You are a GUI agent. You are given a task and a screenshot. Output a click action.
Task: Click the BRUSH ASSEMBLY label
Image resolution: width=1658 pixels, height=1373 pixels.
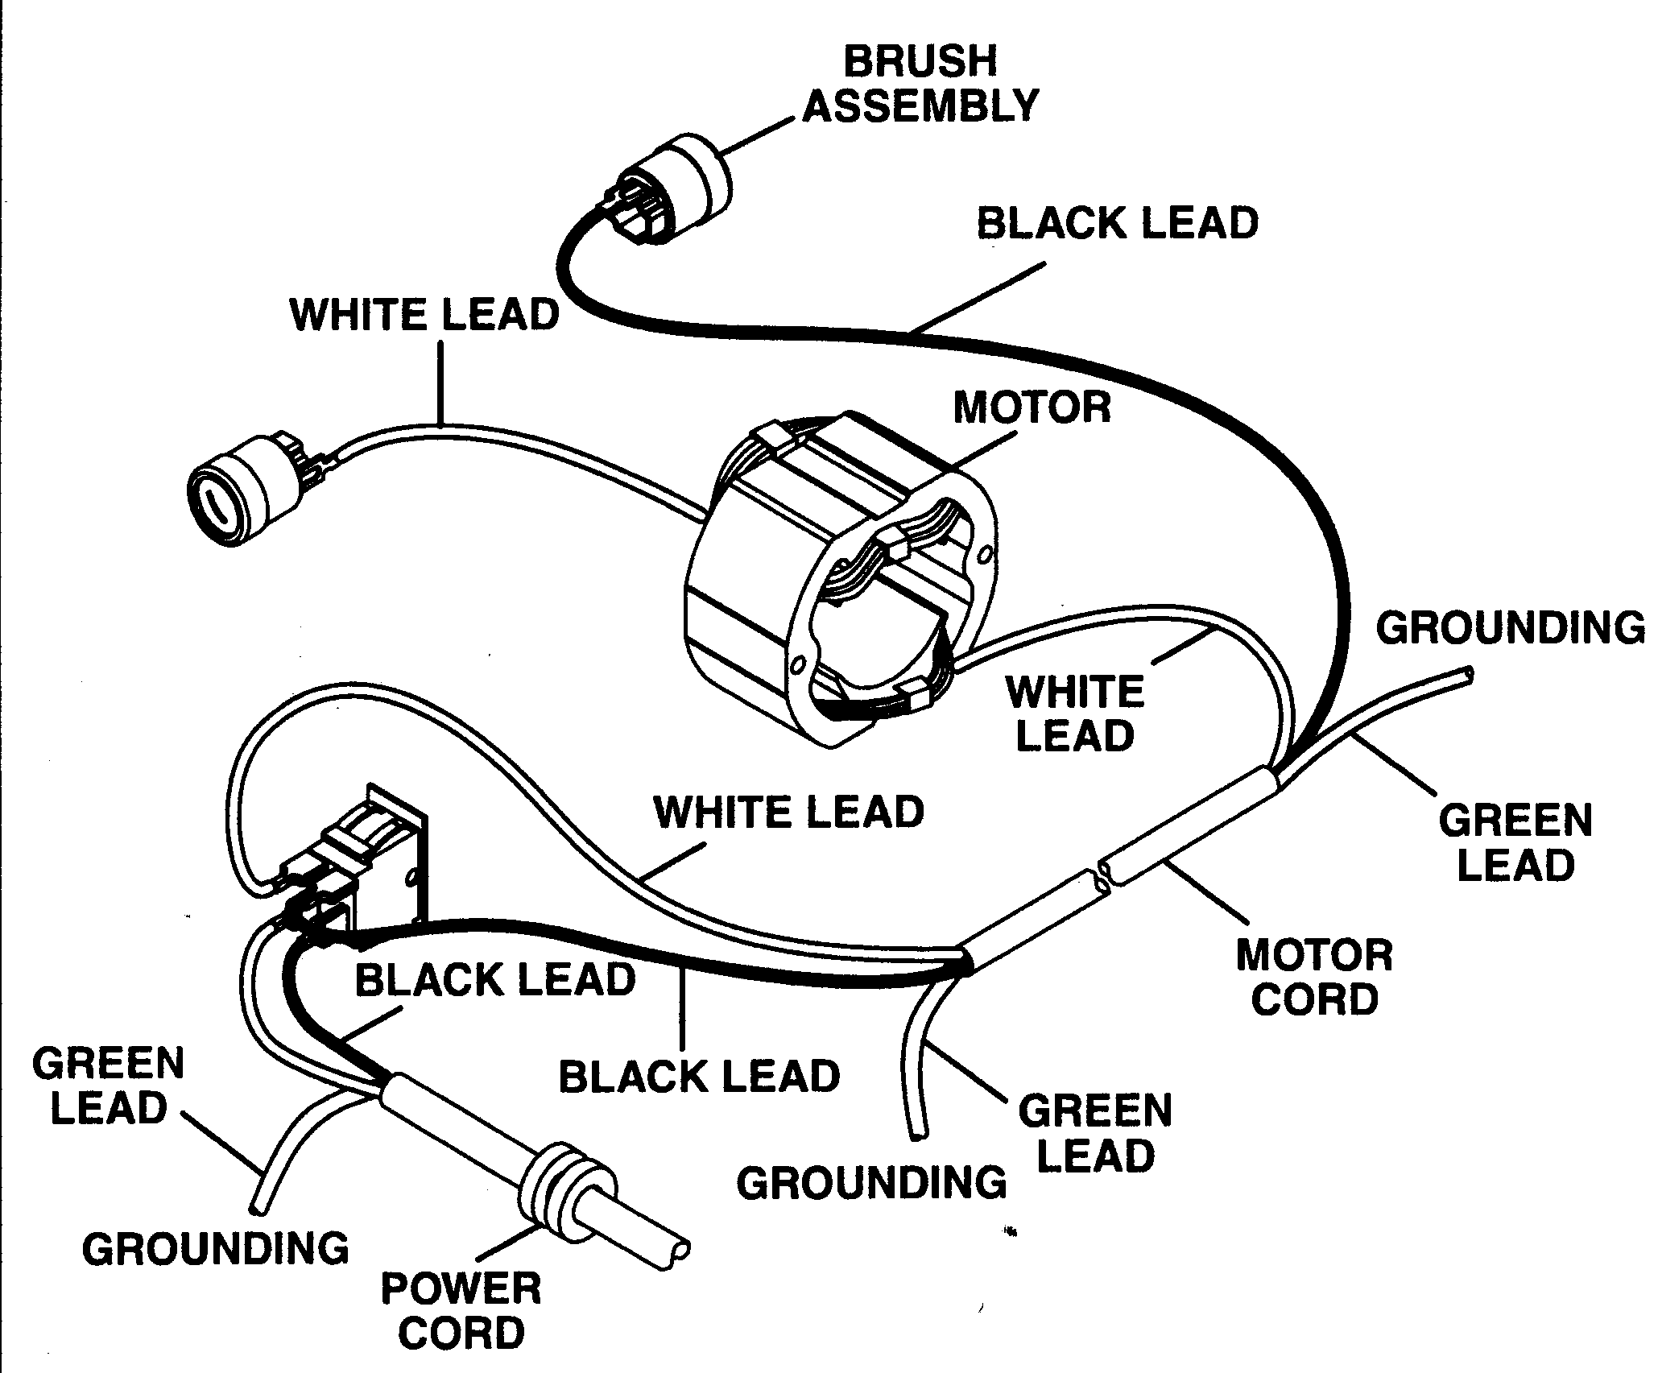pyautogui.click(x=920, y=84)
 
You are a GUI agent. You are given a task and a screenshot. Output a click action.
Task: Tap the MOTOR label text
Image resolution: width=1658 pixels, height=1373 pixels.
pyautogui.click(x=1032, y=407)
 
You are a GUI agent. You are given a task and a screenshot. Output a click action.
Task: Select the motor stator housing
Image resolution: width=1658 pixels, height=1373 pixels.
pyautogui.click(x=837, y=580)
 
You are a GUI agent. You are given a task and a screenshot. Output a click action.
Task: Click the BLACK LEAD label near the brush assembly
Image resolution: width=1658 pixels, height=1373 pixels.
pyautogui.click(x=1117, y=223)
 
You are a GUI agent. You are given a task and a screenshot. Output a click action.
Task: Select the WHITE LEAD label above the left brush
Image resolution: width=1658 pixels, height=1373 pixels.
pyautogui.click(x=424, y=314)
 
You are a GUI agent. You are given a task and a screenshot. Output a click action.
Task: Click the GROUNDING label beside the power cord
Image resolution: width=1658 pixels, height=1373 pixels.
pyautogui.click(x=216, y=1248)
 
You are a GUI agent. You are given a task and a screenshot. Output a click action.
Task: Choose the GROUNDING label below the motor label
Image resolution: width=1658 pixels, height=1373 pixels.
pyautogui.click(x=871, y=1183)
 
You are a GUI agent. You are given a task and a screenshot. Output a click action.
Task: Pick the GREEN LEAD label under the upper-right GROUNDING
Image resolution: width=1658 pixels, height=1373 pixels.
pyautogui.click(x=1515, y=842)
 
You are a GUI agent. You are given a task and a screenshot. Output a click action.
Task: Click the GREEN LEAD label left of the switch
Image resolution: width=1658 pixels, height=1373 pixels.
pyautogui.click(x=109, y=1086)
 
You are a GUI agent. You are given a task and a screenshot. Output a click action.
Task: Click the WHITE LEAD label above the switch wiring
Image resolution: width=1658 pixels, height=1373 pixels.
pyautogui.click(x=789, y=812)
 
